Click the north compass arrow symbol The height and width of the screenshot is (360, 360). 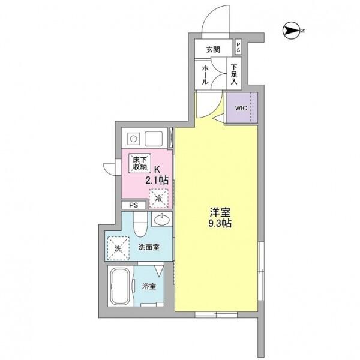(x=292, y=31)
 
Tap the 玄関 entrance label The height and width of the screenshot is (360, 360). (x=213, y=49)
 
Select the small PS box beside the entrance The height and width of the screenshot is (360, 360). (x=238, y=47)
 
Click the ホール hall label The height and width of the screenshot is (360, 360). (x=205, y=74)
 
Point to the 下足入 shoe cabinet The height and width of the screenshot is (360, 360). (x=234, y=74)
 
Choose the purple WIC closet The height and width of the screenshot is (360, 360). (x=242, y=108)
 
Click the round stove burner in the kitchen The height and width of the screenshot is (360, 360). (x=133, y=139)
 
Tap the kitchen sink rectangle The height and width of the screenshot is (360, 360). (x=154, y=139)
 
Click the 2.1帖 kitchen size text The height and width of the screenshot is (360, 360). (x=157, y=180)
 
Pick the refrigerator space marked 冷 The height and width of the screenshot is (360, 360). (x=158, y=198)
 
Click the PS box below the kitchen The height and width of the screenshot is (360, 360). (x=133, y=205)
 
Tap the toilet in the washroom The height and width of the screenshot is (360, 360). (x=140, y=224)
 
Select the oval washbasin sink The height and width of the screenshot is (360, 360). (x=162, y=220)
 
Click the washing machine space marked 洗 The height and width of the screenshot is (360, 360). (x=118, y=248)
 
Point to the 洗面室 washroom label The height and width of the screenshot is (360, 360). (x=149, y=247)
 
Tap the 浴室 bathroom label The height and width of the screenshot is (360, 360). (x=149, y=286)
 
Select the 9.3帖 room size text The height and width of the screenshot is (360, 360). (x=220, y=223)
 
